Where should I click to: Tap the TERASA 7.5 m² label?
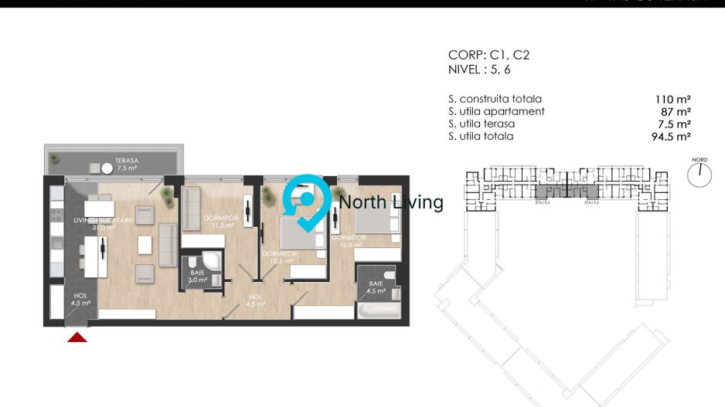coord(127,164)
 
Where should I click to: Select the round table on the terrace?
coord(106,167)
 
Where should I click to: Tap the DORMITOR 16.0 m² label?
coord(349,242)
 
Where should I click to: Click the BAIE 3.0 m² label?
coord(199,276)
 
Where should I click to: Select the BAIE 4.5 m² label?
coord(376,287)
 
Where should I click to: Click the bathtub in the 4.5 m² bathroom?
coord(376,312)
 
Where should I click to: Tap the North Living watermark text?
coord(391,202)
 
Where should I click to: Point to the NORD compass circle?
coord(699,175)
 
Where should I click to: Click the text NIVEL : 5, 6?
coord(479,70)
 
